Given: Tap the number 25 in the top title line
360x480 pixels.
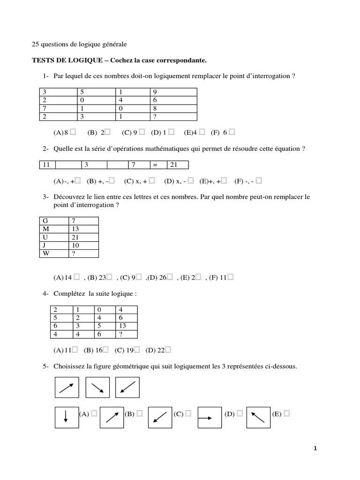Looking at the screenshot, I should (x=35, y=45).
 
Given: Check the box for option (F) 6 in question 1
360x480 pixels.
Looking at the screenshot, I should (x=232, y=133).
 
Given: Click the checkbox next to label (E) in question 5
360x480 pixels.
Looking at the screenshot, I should (x=286, y=413).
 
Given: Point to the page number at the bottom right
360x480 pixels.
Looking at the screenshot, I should (x=315, y=449).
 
